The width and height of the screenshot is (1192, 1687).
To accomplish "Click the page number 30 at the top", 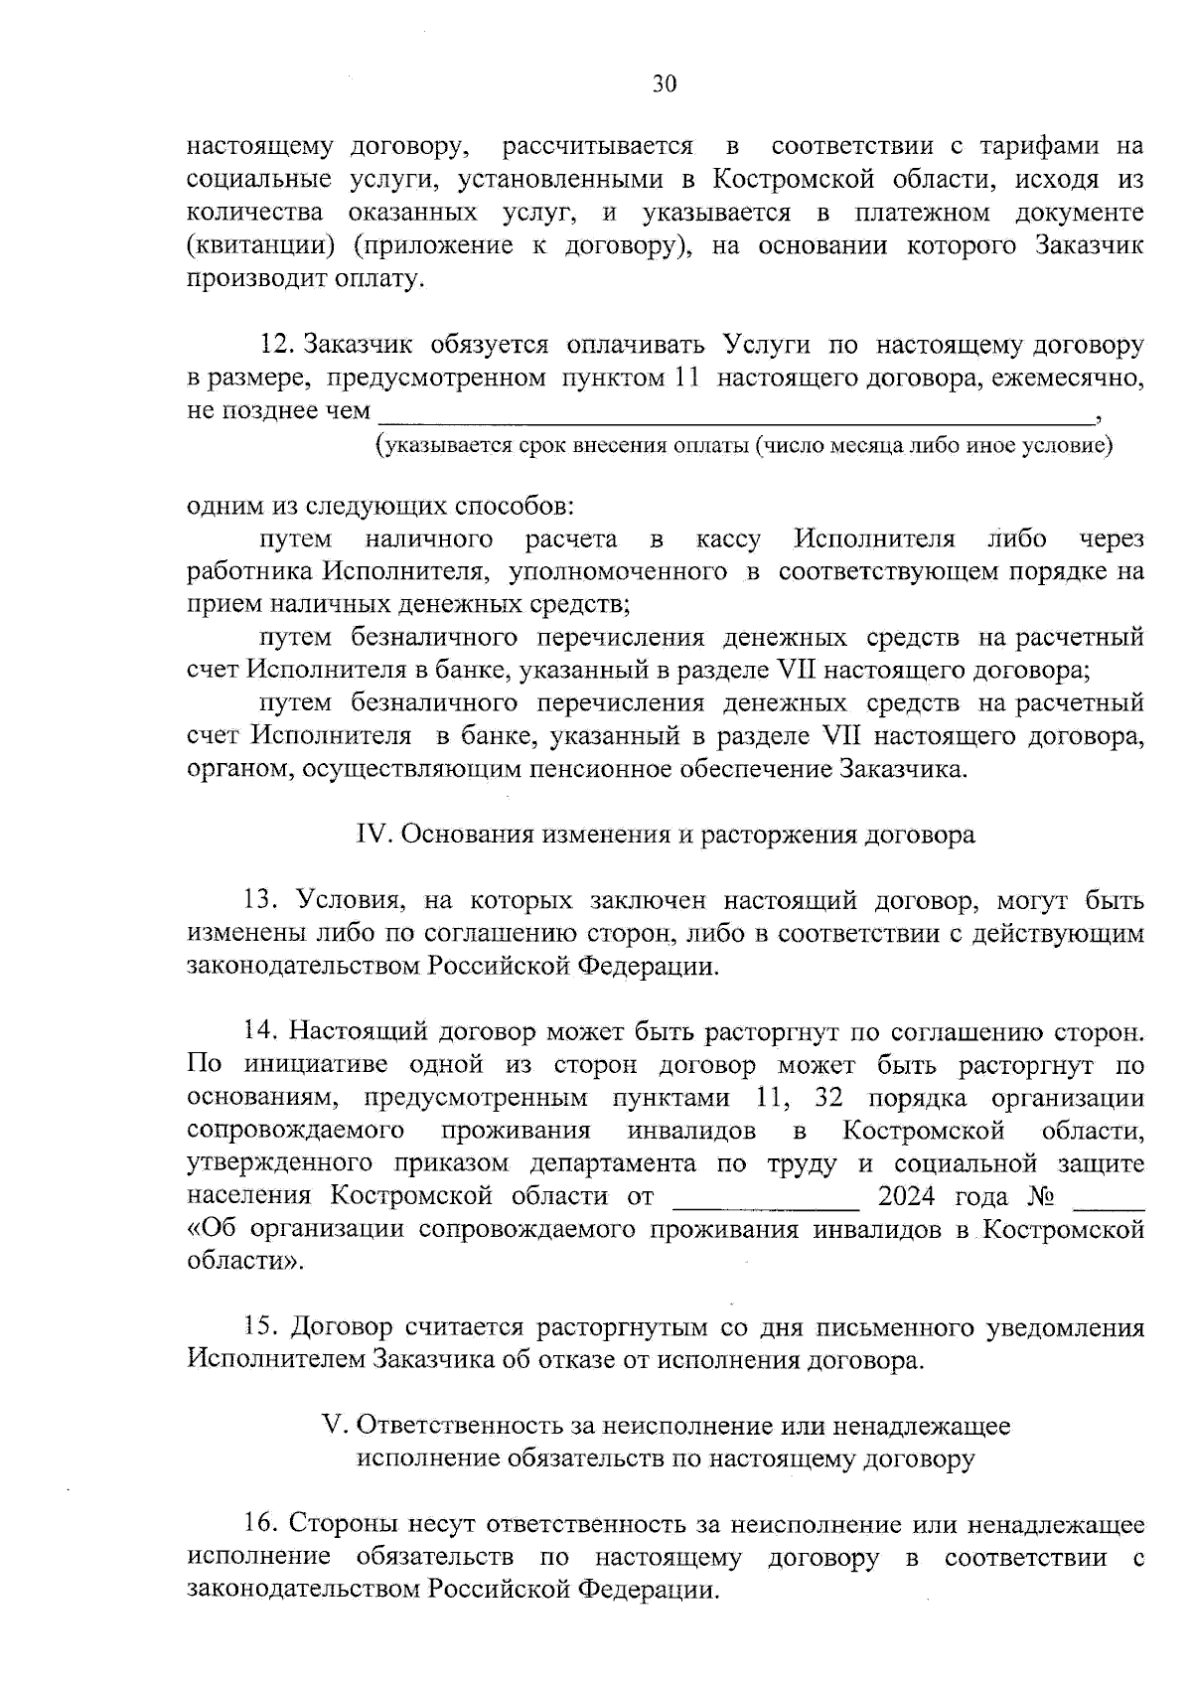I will pyautogui.click(x=665, y=84).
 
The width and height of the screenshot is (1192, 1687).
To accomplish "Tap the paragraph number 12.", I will pyautogui.click(x=278, y=345).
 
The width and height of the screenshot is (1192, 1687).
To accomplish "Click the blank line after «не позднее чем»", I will pyautogui.click(x=735, y=415).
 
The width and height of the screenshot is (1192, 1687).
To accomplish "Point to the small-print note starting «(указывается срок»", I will pyautogui.click(x=743, y=445).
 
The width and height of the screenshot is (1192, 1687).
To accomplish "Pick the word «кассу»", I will pyautogui.click(x=728, y=539).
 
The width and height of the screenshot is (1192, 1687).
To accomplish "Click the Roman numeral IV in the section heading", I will pyautogui.click(x=371, y=835).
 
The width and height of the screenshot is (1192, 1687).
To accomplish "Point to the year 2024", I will pyautogui.click(x=908, y=1196).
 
